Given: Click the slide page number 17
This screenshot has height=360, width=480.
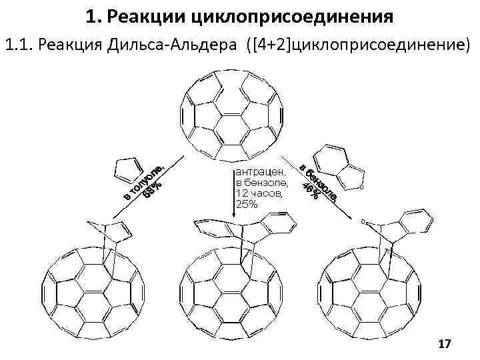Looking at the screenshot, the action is tap(445, 343).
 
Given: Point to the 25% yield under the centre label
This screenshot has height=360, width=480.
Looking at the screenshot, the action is tap(247, 204).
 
